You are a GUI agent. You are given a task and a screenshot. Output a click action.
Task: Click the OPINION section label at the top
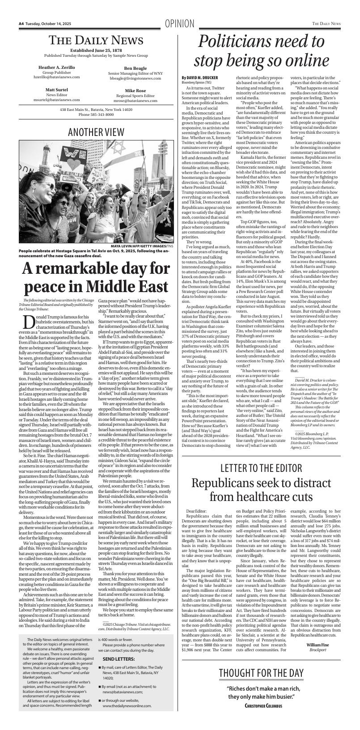(x=179, y=24)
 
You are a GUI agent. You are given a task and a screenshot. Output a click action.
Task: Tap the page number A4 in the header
(x=21, y=23)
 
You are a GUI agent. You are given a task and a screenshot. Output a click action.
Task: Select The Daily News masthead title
(x=96, y=41)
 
